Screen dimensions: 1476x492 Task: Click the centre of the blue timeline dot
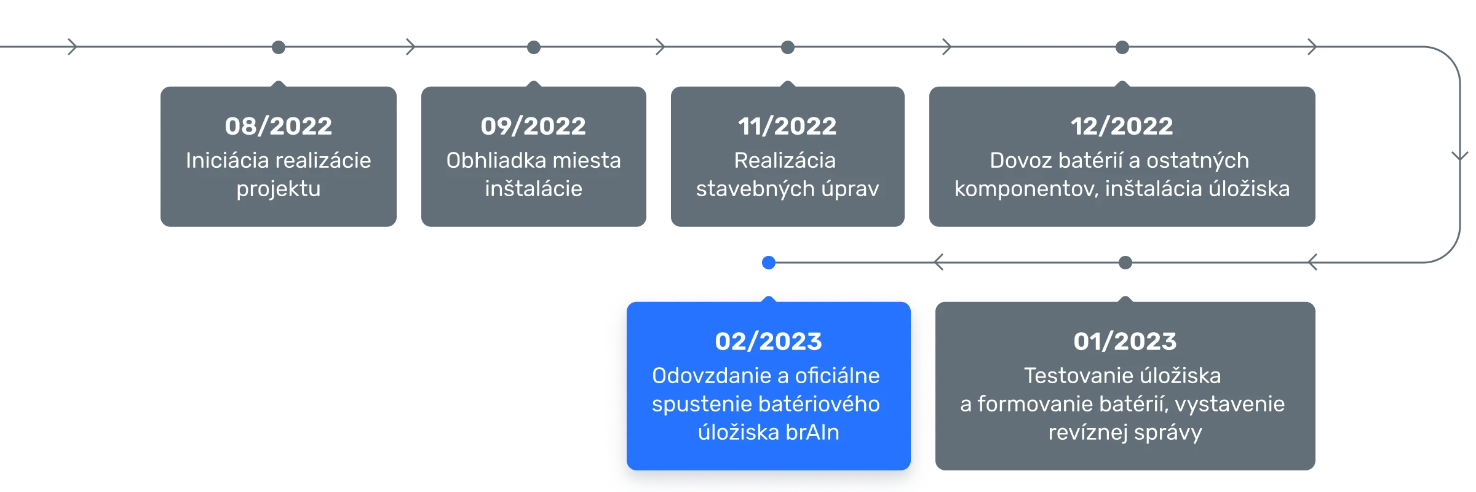point(769,263)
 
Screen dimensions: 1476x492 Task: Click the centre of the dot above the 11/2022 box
point(788,47)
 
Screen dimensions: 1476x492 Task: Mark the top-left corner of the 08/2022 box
point(161,87)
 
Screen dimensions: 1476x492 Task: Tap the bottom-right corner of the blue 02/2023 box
point(910,470)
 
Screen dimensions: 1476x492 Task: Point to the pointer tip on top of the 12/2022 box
point(1122,81)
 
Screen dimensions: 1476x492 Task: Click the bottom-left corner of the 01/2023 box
point(936,470)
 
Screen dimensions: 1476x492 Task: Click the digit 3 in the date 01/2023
point(1168,341)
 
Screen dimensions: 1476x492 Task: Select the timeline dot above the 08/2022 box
point(279,47)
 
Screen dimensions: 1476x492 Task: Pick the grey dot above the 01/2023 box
point(1125,263)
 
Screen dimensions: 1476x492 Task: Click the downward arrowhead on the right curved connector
point(1460,156)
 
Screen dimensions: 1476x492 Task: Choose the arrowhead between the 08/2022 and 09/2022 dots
point(411,47)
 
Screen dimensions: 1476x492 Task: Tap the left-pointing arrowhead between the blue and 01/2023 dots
point(938,263)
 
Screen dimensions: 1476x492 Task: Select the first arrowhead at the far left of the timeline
point(73,47)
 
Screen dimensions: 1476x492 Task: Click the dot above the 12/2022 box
point(1122,47)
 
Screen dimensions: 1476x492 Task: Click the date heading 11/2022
point(787,126)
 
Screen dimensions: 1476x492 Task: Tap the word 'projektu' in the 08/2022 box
point(279,189)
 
